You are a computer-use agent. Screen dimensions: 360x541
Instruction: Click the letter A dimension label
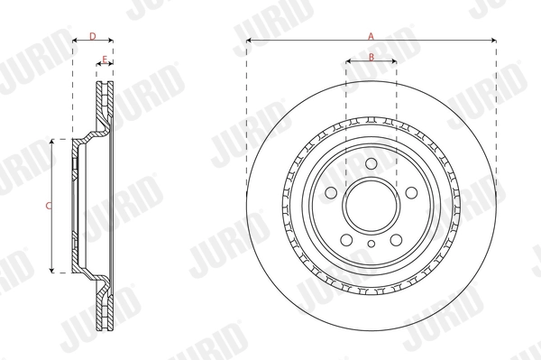point(371,35)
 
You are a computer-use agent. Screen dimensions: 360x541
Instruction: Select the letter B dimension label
point(371,57)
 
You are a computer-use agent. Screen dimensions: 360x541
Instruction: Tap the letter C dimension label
point(48,207)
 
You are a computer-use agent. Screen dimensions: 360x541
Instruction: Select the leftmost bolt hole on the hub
point(330,193)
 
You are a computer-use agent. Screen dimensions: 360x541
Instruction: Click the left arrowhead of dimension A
point(249,41)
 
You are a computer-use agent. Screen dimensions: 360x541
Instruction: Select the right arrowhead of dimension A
point(494,41)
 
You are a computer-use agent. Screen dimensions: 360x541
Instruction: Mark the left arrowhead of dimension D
point(75,41)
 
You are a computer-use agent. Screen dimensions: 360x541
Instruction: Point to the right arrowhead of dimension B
point(394,62)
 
